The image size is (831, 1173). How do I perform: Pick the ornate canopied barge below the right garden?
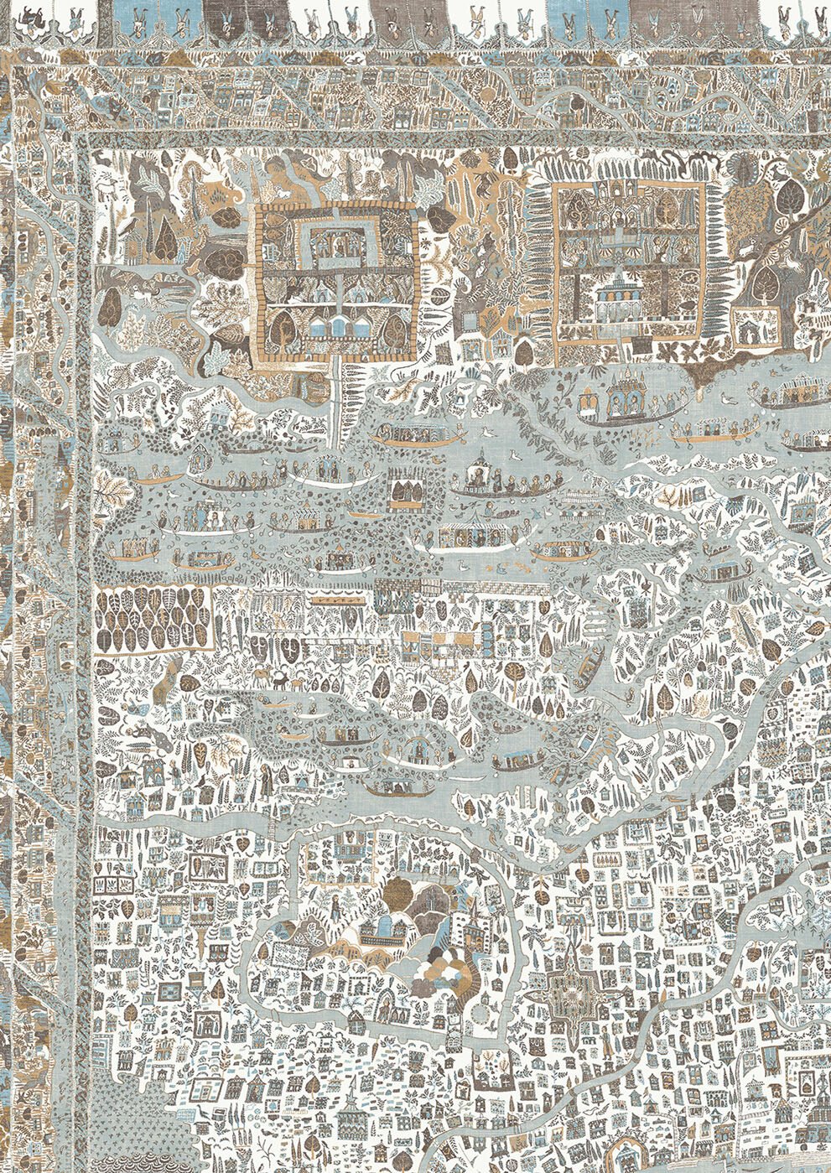click(619, 397)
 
